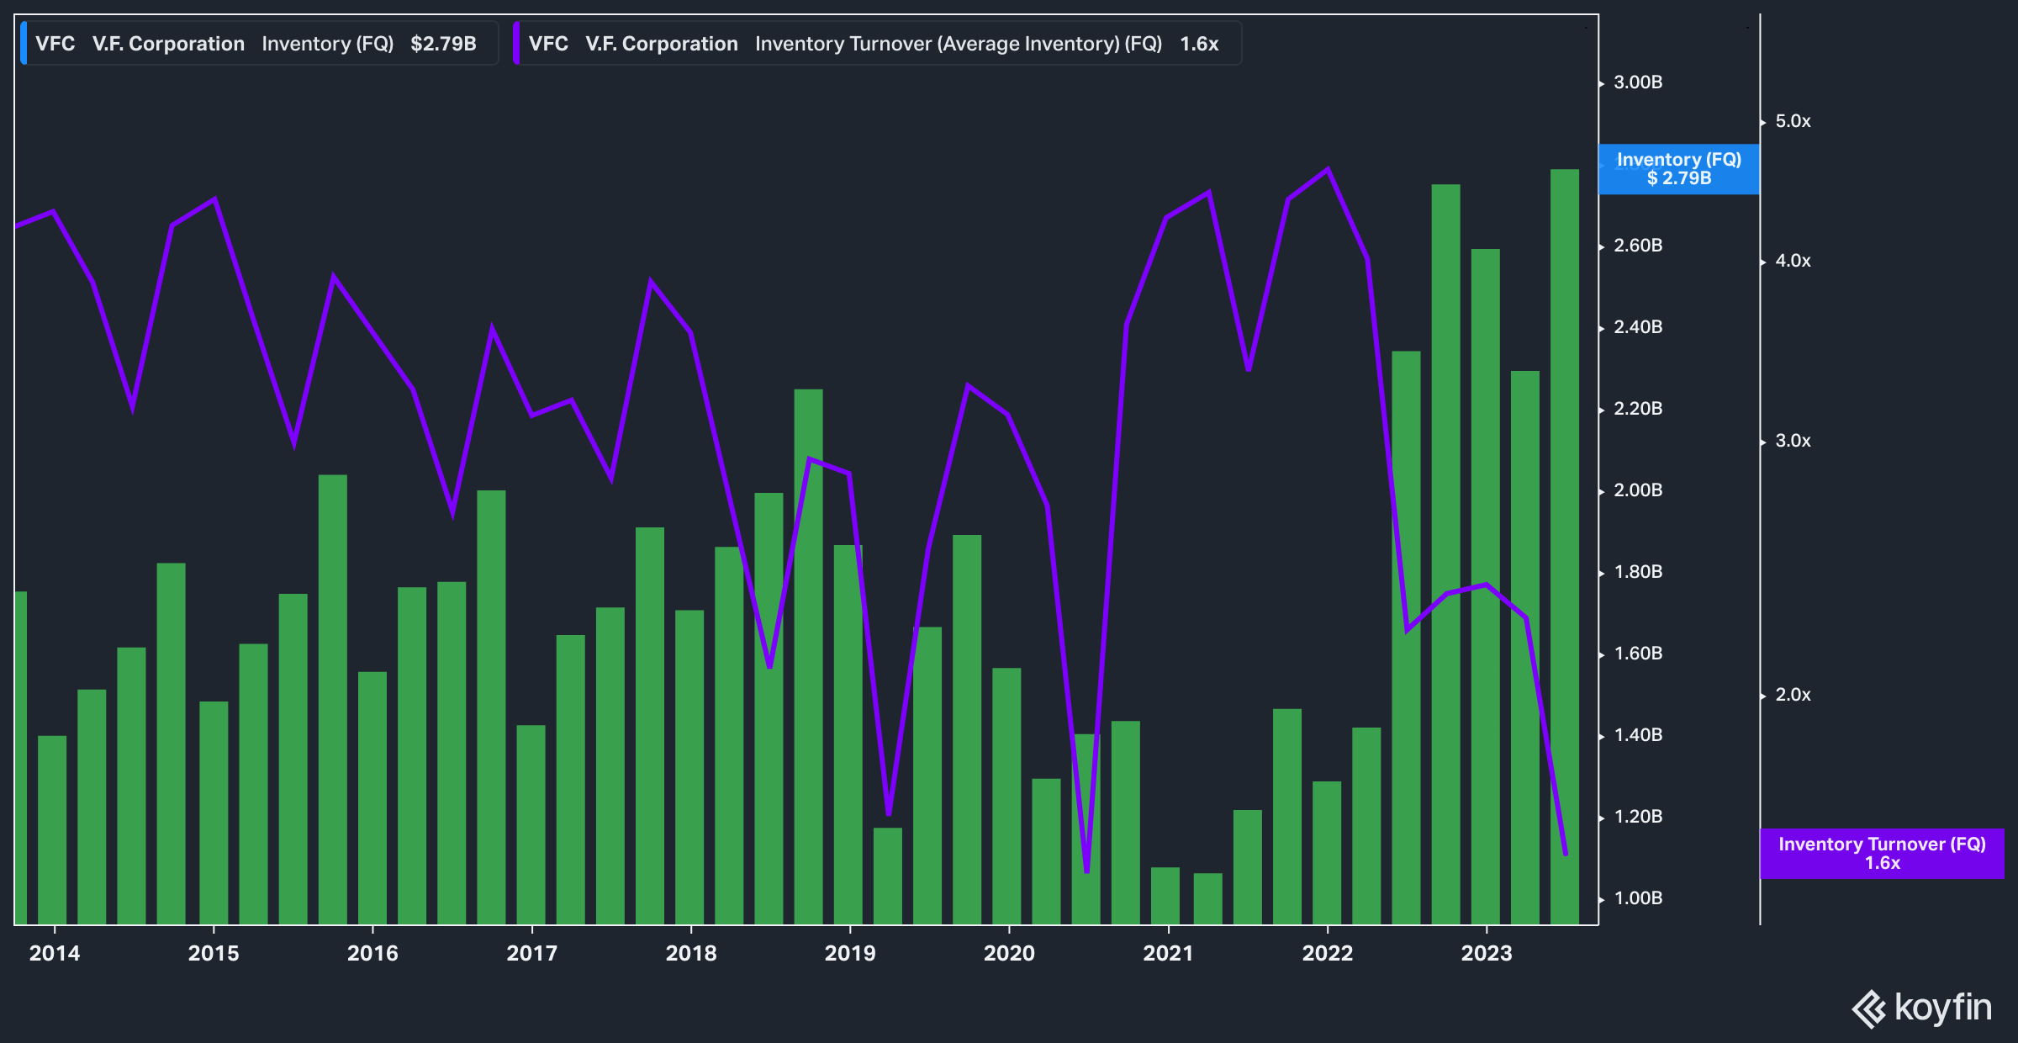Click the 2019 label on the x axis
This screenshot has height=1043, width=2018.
[849, 953]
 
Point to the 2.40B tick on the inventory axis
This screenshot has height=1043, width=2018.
[1637, 327]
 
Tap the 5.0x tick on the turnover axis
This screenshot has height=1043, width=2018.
[1792, 121]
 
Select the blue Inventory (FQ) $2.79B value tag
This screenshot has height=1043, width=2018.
[1678, 169]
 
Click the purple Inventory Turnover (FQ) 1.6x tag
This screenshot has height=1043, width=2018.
[1881, 853]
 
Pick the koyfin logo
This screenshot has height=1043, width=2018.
[1921, 1008]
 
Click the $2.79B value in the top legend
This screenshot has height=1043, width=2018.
[443, 44]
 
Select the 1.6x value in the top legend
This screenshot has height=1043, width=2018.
[1198, 44]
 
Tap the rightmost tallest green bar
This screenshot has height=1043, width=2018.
[1564, 547]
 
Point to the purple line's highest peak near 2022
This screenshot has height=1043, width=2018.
[1327, 170]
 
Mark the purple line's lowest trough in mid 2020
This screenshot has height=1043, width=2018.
[1086, 871]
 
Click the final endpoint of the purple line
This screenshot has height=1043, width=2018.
[1566, 854]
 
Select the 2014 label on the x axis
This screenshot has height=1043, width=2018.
[54, 953]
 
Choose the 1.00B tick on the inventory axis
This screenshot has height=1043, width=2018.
[1637, 898]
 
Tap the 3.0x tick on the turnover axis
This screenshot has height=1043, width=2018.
[1792, 441]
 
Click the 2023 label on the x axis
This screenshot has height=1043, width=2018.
[1486, 953]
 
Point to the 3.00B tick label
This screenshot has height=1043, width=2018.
[1637, 82]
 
